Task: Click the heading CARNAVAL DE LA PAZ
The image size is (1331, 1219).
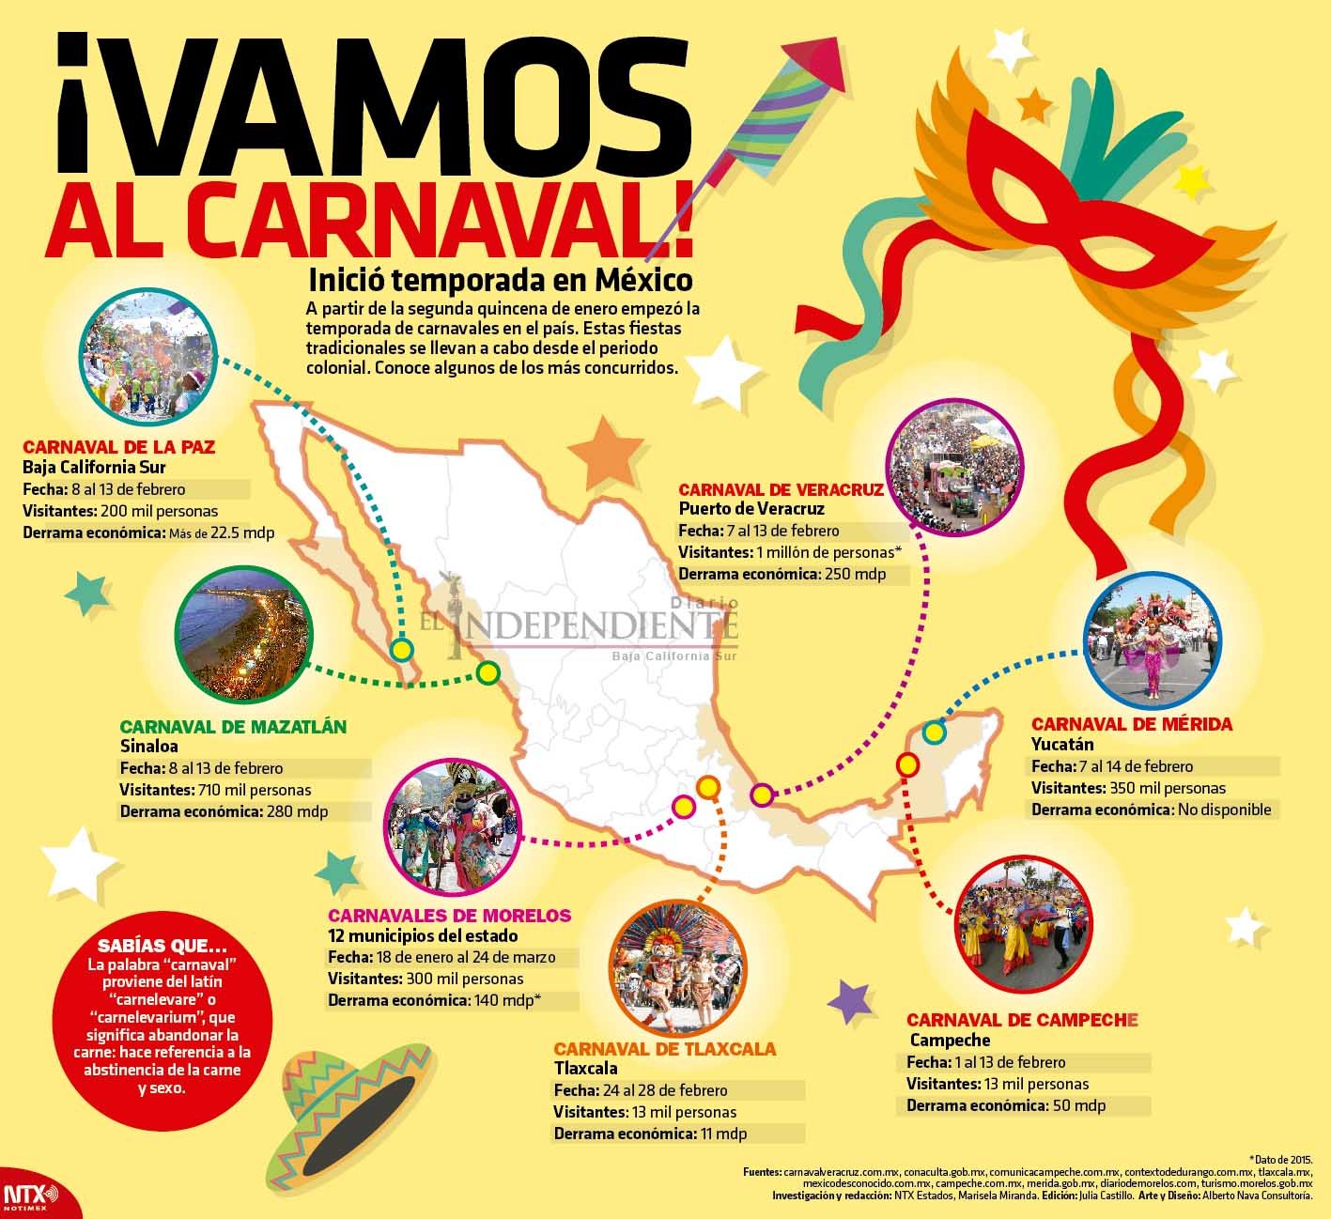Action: (119, 447)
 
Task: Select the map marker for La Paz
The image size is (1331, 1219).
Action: (402, 649)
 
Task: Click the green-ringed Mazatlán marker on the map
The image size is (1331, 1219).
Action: (487, 672)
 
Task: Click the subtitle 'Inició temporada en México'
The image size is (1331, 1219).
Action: (500, 281)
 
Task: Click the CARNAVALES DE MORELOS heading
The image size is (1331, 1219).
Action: (449, 915)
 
